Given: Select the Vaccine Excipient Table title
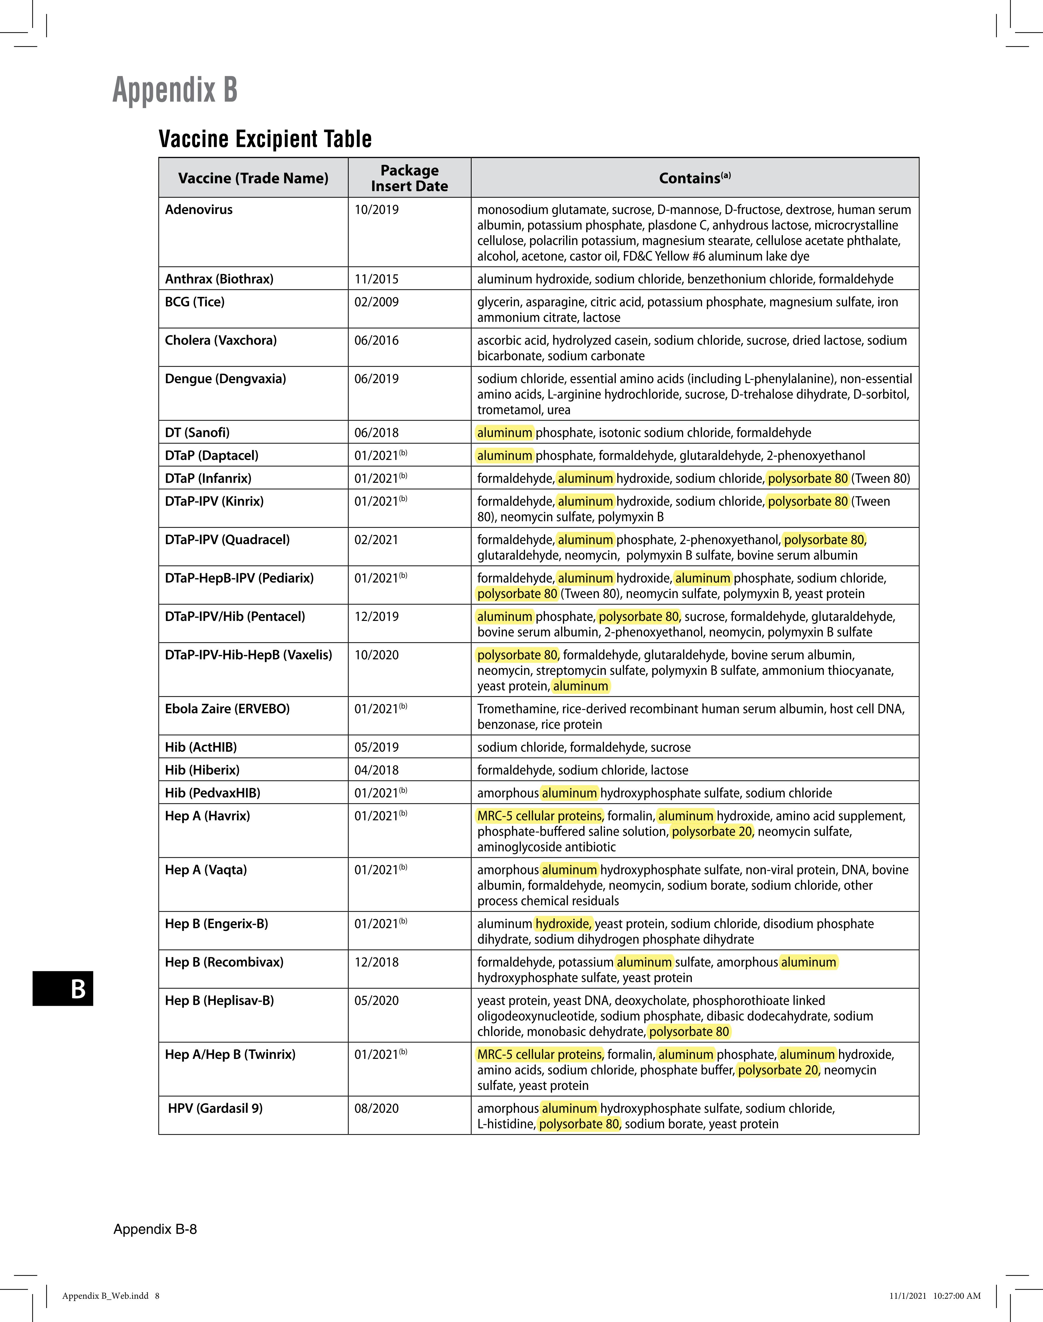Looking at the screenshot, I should pos(265,139).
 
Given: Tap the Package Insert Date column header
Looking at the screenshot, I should pos(409,178).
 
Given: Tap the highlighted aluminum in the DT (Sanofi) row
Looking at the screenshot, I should pos(504,433).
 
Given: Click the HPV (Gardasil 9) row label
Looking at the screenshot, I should pos(215,1108).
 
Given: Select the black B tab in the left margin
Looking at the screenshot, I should pos(63,988).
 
